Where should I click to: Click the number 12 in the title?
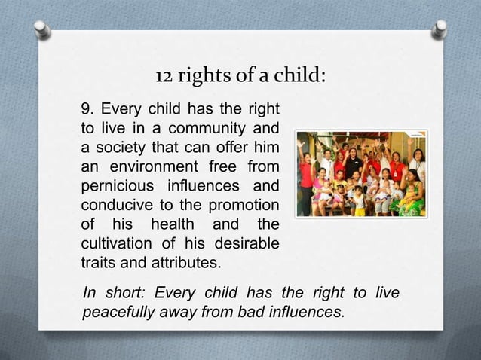click(x=163, y=76)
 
